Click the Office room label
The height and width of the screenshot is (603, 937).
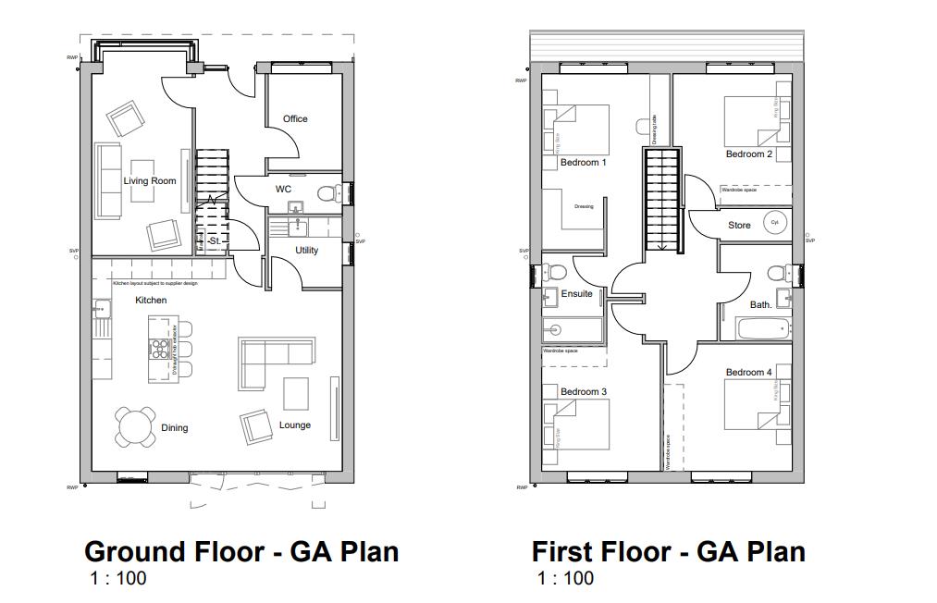pos(295,118)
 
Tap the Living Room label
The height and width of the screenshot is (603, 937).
pos(150,180)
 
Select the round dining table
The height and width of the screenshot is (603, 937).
pos(136,426)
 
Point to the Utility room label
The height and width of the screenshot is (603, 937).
pos(306,250)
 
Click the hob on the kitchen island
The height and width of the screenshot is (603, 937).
pos(158,349)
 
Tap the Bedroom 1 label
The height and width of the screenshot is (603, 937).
pos(583,163)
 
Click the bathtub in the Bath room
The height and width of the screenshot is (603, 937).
pos(762,327)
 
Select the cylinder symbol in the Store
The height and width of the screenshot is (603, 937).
pos(774,223)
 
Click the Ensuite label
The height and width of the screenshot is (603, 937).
pos(576,294)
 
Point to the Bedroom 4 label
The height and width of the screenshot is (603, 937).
pos(747,372)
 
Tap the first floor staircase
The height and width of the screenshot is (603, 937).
pos(662,199)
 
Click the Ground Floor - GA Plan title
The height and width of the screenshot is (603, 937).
pos(241,551)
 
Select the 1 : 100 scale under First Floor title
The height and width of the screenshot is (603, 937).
pos(565,579)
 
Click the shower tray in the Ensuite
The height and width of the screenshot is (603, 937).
pos(573,329)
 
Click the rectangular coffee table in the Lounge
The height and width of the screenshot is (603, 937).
pos(296,394)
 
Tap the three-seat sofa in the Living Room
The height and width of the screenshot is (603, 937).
pos(107,181)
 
